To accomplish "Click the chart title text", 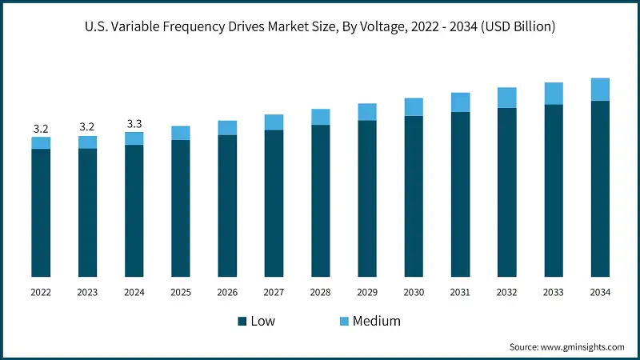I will tap(320, 27).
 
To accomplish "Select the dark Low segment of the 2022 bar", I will tap(41, 213).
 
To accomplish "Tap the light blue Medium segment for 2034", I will tap(600, 89).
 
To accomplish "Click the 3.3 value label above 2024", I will tap(134, 123).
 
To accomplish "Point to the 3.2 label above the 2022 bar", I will tap(41, 128).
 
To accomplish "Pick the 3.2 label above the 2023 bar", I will tap(87, 127).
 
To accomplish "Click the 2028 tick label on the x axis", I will tap(320, 293).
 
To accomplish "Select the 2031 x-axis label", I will tap(460, 293).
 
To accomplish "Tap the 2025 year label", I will tap(181, 293).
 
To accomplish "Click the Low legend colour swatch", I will tap(242, 321).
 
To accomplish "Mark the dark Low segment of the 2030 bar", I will tap(414, 197).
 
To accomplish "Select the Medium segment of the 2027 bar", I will tap(274, 122).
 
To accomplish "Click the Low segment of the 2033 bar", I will tap(554, 191).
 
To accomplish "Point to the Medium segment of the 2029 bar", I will tap(367, 111).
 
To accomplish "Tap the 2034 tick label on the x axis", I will tap(600, 293).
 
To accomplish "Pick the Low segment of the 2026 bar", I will tap(227, 206).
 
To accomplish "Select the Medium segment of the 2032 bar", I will tap(507, 97).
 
